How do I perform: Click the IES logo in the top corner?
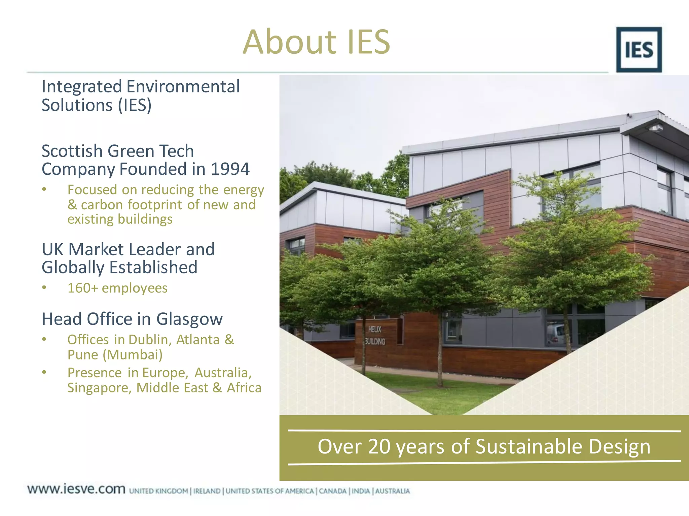click(x=639, y=50)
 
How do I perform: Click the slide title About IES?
click(x=316, y=42)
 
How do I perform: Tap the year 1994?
click(x=230, y=169)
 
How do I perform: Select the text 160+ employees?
click(x=117, y=288)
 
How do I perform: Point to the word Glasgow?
click(x=189, y=319)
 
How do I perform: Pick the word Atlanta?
click(x=198, y=340)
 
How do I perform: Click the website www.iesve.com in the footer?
click(x=76, y=489)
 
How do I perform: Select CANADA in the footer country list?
click(x=332, y=491)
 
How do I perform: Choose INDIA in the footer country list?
click(x=361, y=491)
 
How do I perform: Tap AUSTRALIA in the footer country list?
click(x=392, y=491)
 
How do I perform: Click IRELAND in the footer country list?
click(x=207, y=491)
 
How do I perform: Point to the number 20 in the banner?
click(x=379, y=447)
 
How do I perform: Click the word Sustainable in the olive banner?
click(x=529, y=447)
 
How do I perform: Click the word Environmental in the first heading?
click(x=183, y=87)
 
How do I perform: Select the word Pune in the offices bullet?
click(x=83, y=355)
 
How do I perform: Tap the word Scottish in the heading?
click(x=72, y=151)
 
